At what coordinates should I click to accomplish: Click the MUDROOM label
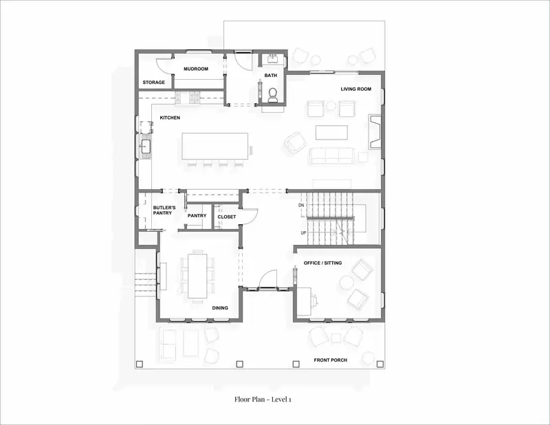point(196,69)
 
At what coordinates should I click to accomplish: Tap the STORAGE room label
point(153,82)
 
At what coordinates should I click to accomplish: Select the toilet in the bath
point(272,95)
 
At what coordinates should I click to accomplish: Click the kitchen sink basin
point(146,146)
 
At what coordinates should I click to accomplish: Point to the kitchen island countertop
point(215,146)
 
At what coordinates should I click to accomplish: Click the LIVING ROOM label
point(355,89)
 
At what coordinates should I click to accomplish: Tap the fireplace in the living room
point(374,131)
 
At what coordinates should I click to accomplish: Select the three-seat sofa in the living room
point(331,156)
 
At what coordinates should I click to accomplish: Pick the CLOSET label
point(227,217)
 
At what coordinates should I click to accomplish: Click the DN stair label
point(301,205)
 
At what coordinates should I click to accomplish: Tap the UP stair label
point(303,232)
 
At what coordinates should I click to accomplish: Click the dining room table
point(197,276)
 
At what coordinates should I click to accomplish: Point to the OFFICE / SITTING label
point(322,263)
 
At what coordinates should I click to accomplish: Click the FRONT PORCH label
point(331,360)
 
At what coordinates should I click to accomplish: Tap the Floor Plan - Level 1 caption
point(263,399)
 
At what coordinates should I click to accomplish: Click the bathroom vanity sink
point(273,58)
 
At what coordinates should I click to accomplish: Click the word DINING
point(220,308)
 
